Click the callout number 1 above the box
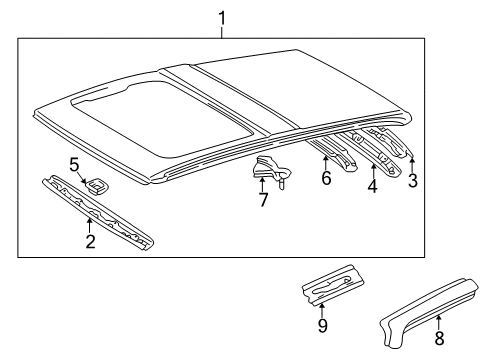(222, 18)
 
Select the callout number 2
(90, 241)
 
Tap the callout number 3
(413, 181)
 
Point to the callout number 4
(372, 186)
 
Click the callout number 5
(74, 165)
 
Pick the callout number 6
(326, 178)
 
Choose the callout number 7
(263, 200)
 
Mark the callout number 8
(440, 338)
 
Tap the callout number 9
(322, 325)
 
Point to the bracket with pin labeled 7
(271, 171)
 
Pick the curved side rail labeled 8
(428, 312)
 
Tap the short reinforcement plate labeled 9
(332, 285)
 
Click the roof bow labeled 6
(333, 152)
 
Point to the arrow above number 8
(439, 323)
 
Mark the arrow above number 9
(322, 311)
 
